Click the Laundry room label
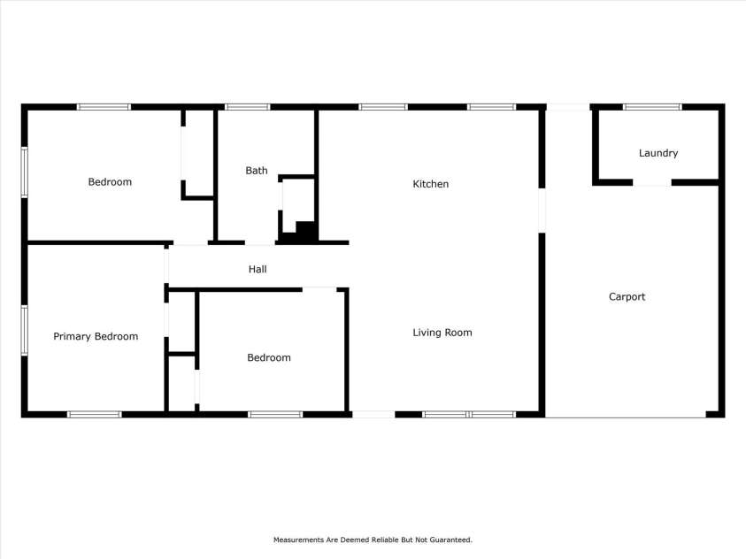pos(658,153)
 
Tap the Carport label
pos(627,297)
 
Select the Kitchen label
pos(431,184)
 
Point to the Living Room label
pos(442,333)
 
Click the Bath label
pos(257,171)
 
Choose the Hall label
pos(258,269)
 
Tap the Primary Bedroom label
pos(96,336)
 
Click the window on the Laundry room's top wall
pos(652,107)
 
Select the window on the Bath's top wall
pos(247,107)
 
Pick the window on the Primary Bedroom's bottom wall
pos(95,414)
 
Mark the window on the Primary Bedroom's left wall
pos(25,330)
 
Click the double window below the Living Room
pos(469,414)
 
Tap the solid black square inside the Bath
pos(306,230)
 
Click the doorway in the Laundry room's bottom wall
pos(652,183)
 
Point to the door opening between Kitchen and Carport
pos(542,211)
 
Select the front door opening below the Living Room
pos(373,414)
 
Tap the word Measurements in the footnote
pos(298,540)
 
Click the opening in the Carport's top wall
pos(567,107)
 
